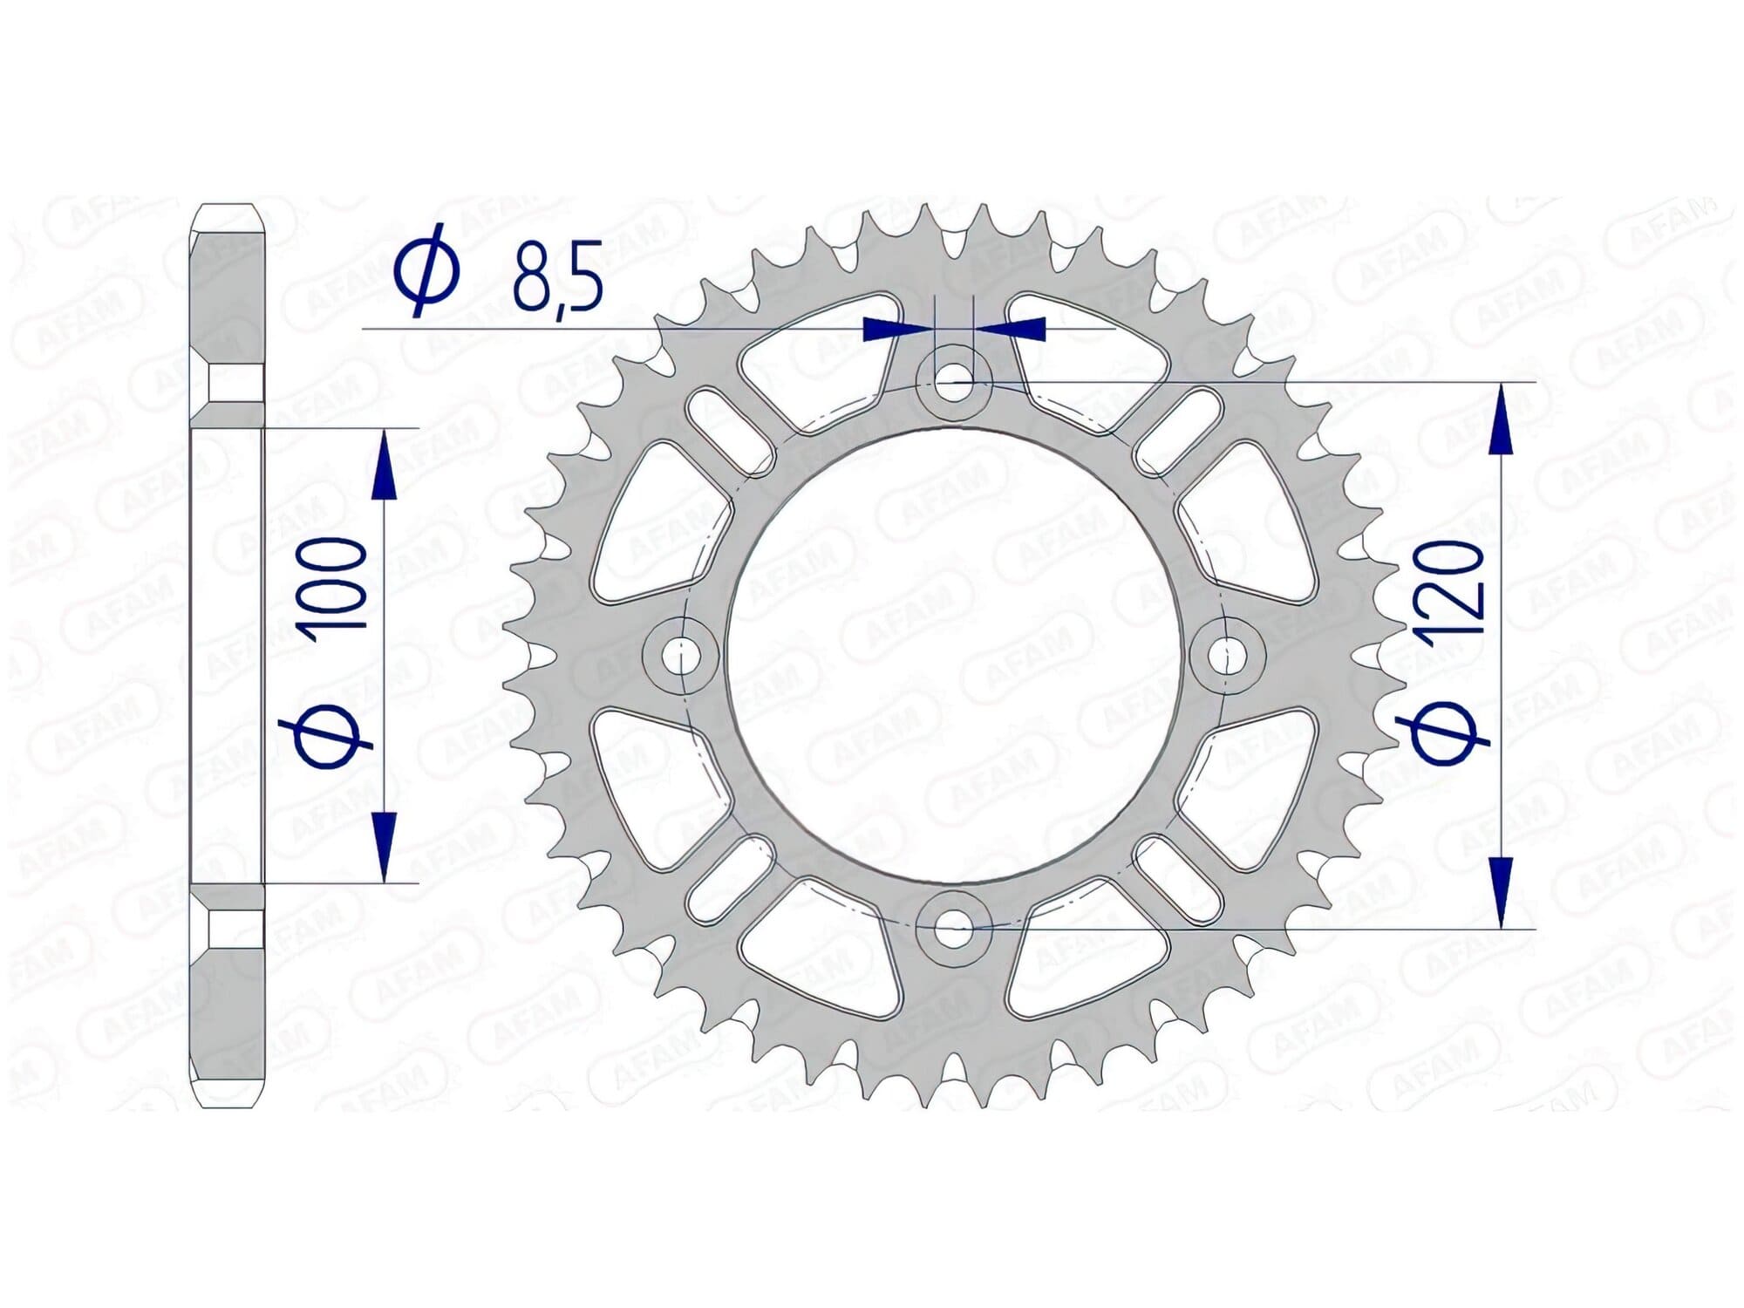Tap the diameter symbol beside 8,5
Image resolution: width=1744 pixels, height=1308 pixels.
pyautogui.click(x=426, y=269)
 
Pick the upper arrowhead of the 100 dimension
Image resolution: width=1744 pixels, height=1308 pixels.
pyautogui.click(x=384, y=467)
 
